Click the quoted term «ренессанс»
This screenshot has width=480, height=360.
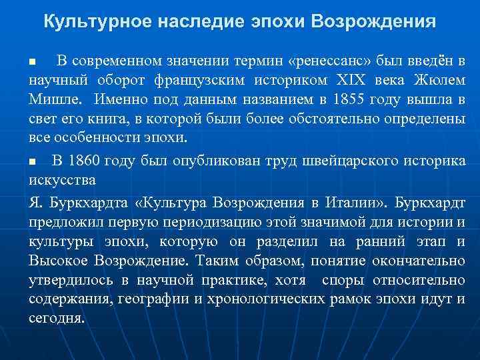(x=329, y=62)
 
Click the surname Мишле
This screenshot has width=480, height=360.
(x=55, y=101)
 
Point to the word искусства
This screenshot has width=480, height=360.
(x=64, y=180)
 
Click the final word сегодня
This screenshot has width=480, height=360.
(x=57, y=318)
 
